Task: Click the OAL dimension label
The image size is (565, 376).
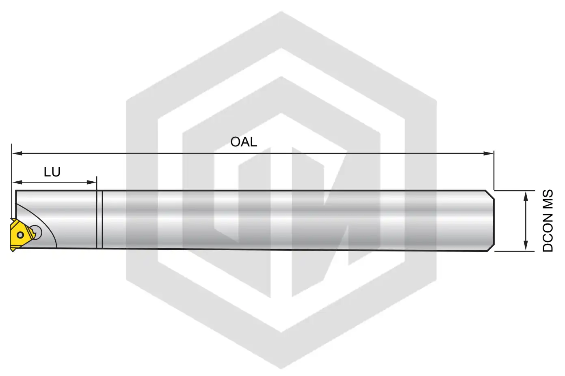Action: point(243,142)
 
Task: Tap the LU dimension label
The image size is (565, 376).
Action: point(52,172)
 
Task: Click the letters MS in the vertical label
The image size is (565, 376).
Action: point(548,198)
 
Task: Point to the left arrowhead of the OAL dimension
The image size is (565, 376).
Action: point(17,153)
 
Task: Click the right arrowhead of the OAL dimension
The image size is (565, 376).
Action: point(488,153)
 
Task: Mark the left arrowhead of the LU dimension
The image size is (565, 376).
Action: point(17,183)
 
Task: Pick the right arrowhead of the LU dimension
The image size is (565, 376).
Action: point(91,183)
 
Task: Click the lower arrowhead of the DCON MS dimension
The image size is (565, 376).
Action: point(526,245)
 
